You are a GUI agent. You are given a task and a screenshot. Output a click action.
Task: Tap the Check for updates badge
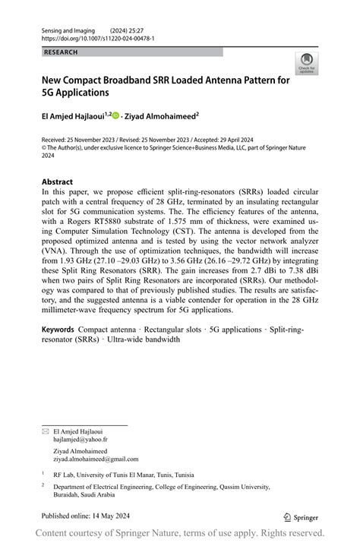click(308, 63)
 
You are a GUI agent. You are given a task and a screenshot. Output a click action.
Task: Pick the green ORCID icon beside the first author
click(116, 116)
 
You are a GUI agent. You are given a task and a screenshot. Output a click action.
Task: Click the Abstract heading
click(58, 182)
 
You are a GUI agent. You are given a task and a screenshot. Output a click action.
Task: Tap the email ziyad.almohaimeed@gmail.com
click(96, 459)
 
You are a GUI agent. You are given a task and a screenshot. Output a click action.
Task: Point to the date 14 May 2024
click(115, 516)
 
